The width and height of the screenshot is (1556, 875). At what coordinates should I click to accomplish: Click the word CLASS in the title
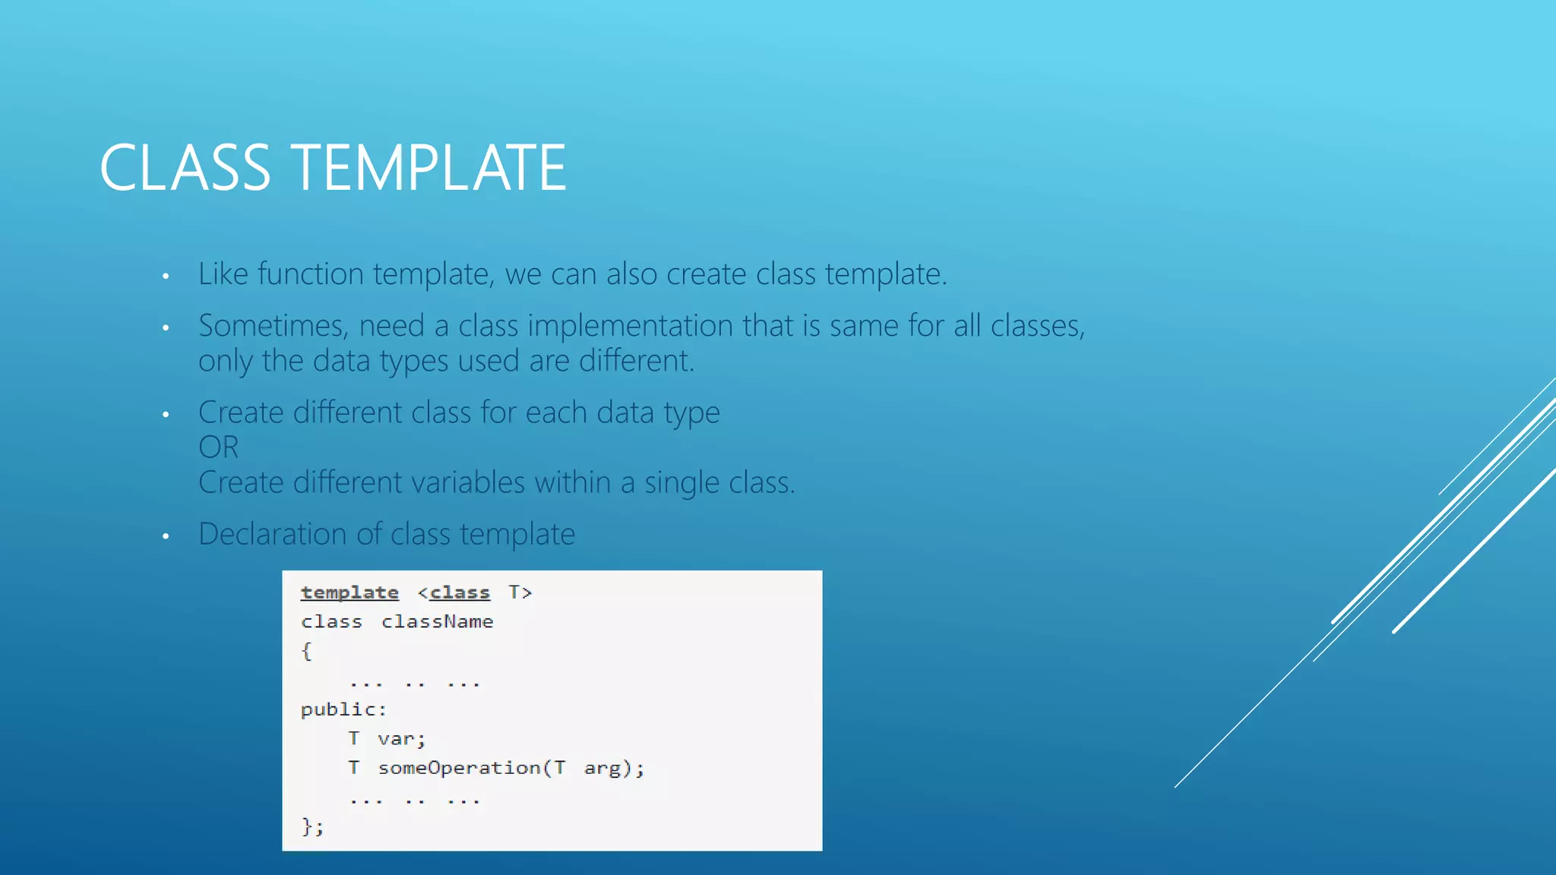pos(185,168)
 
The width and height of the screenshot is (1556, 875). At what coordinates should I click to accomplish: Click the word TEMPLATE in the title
pos(429,168)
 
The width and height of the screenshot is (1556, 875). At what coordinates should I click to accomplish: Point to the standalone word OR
pos(218,447)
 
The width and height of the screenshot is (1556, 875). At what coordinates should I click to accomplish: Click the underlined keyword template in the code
pos(349,592)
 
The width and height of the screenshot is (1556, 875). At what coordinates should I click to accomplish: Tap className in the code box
pos(437,622)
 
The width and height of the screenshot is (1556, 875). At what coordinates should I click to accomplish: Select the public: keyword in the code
pos(343,709)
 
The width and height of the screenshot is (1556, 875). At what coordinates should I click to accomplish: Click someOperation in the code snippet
pos(460,768)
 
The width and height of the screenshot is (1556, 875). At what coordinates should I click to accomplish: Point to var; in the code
pos(401,739)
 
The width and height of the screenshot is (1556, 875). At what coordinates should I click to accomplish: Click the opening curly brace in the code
pos(306,651)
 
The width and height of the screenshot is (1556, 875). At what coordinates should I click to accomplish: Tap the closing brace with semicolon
pos(312,826)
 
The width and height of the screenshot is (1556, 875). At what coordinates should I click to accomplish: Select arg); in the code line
pos(613,768)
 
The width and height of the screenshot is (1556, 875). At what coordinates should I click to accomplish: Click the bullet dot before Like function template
pos(166,276)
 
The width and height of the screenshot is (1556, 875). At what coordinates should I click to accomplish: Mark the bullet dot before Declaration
pos(166,537)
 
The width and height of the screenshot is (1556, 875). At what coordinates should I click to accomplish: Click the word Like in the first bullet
pos(223,274)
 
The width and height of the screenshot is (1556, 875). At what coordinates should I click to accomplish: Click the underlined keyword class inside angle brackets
pos(460,592)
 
